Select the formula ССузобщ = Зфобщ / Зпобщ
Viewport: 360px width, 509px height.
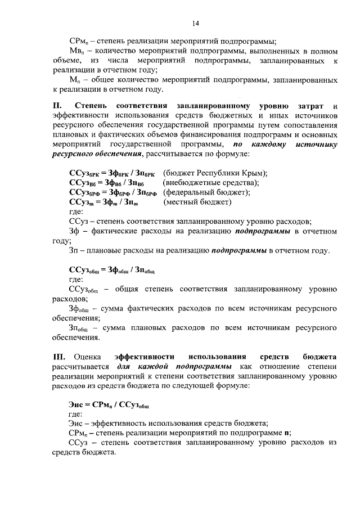(112, 269)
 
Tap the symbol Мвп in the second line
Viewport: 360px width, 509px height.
(76, 51)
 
